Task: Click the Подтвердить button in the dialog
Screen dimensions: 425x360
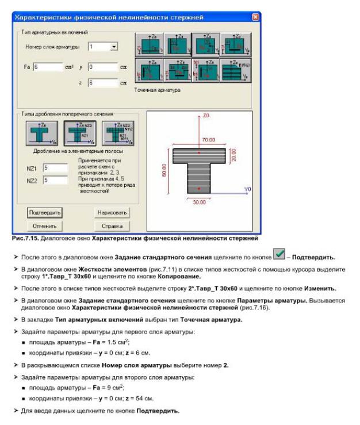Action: click(45, 212)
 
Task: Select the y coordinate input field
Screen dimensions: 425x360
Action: click(102, 67)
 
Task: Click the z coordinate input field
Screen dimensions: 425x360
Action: click(102, 83)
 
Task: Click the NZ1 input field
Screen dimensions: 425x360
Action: click(55, 168)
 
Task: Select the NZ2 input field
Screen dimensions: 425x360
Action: click(55, 180)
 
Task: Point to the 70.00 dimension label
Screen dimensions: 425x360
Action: click(208, 140)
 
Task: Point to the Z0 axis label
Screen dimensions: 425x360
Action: click(207, 116)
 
